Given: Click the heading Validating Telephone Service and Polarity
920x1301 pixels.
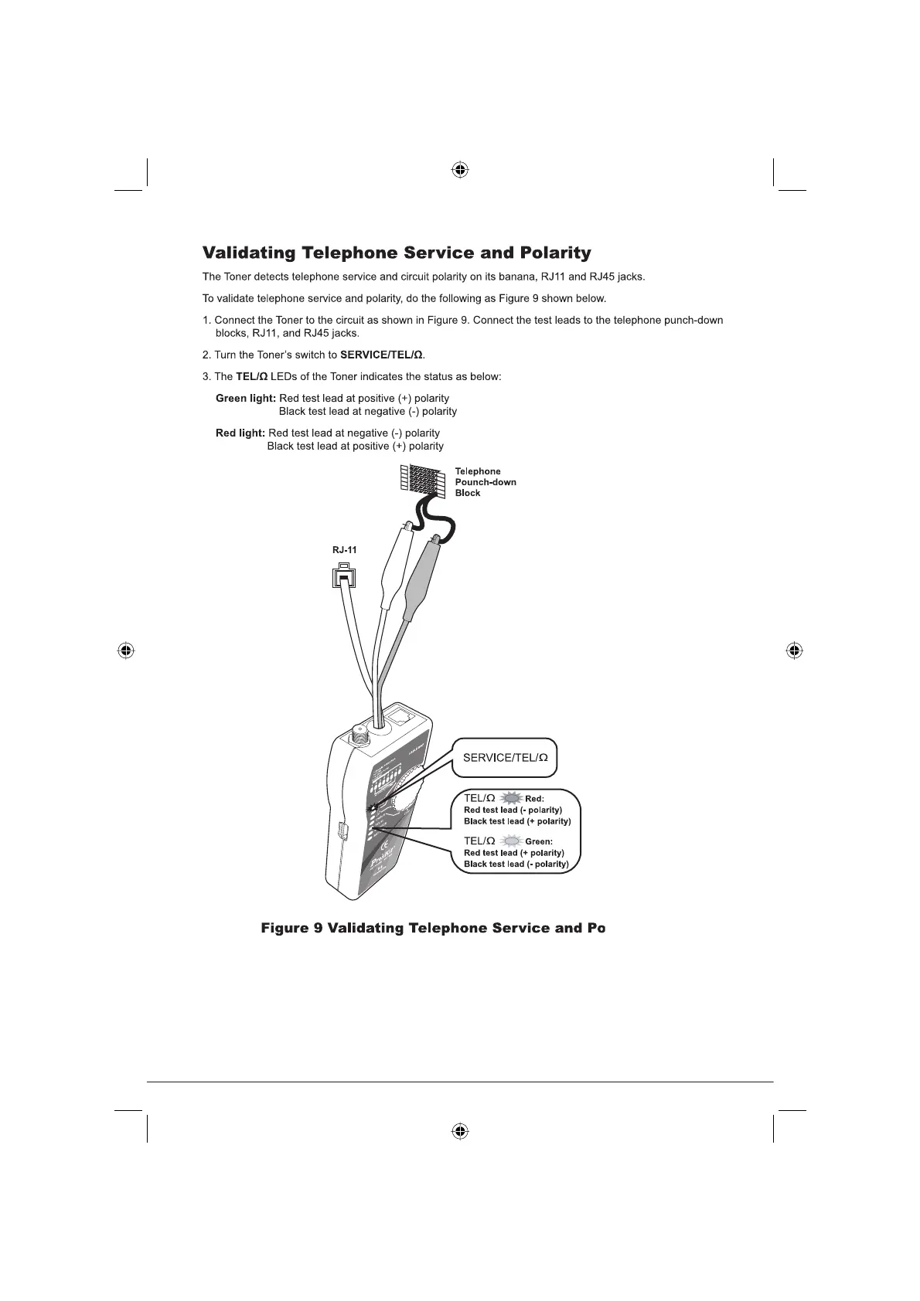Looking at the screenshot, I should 396,253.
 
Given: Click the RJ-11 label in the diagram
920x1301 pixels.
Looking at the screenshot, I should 345,551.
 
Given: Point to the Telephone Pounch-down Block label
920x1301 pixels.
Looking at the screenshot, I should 485,482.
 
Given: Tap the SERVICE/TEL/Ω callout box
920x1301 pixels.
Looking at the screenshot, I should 505,758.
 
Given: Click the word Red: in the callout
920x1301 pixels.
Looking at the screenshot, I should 535,799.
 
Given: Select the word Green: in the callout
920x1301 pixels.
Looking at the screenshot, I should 539,841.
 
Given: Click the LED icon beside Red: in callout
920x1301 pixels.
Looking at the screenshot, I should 511,798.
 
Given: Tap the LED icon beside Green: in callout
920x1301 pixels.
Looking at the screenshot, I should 511,841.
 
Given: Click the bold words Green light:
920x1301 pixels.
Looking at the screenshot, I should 245,399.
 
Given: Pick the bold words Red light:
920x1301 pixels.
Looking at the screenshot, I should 240,433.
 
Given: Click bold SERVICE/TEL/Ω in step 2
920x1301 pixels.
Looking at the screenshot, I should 381,355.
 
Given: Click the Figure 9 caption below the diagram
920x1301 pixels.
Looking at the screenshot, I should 433,928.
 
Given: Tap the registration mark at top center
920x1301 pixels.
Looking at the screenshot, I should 460,170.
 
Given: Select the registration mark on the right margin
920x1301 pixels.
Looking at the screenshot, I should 794,650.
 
